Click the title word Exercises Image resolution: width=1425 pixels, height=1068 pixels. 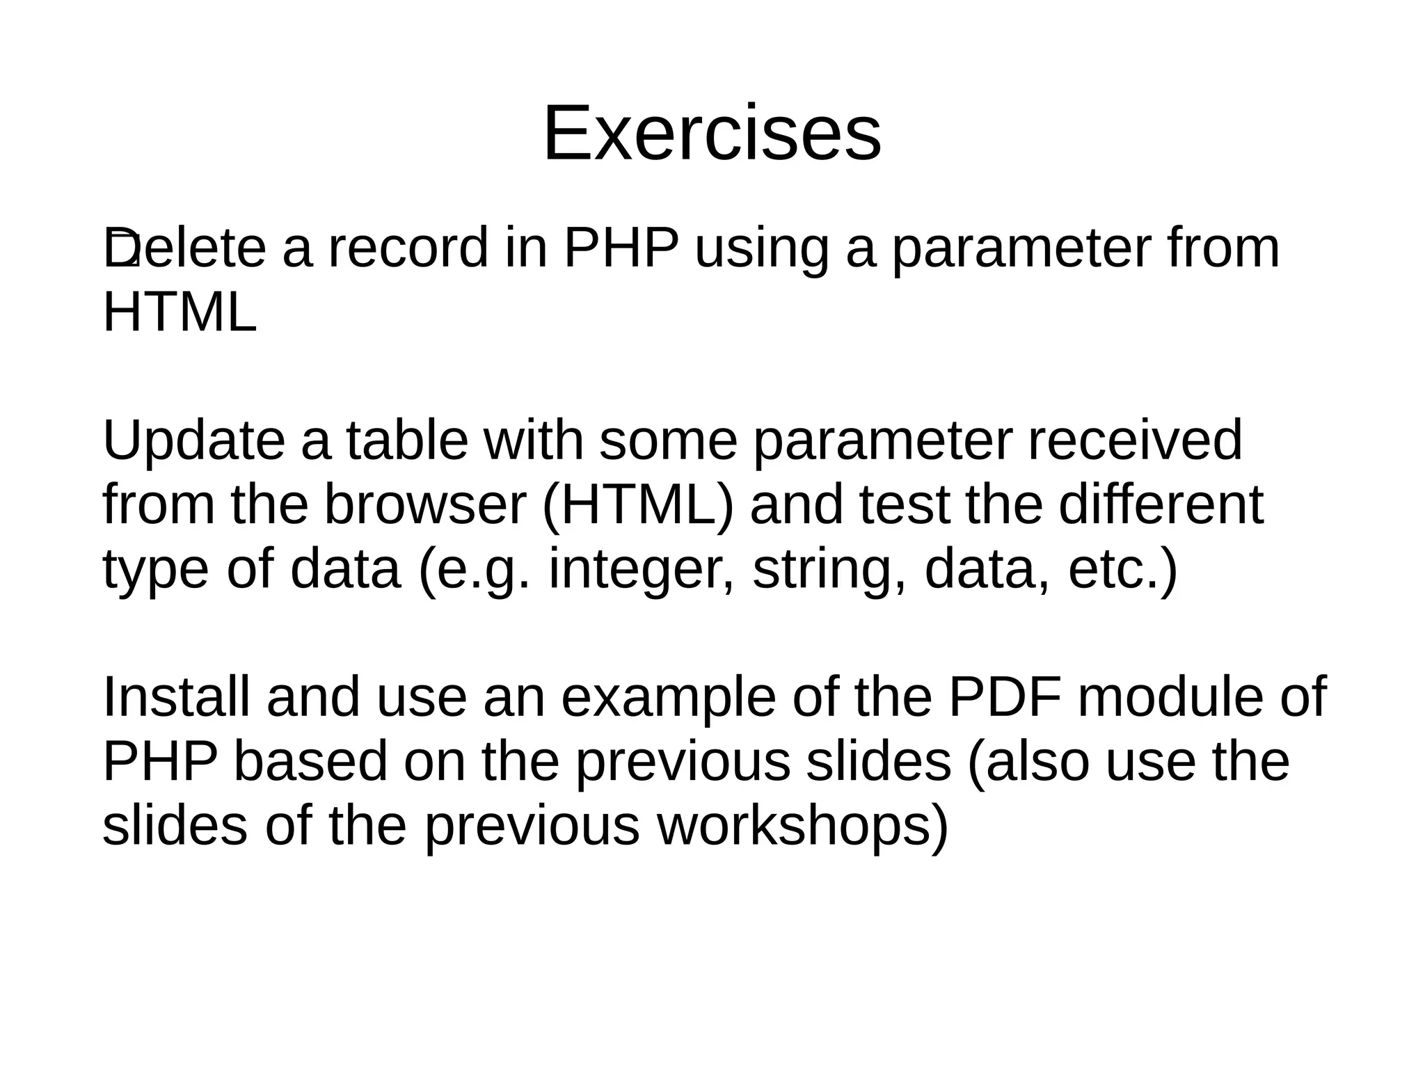point(712,133)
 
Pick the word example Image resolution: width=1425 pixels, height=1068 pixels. point(668,699)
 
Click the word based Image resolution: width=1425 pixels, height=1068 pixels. point(310,761)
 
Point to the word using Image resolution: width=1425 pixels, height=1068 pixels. point(762,249)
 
